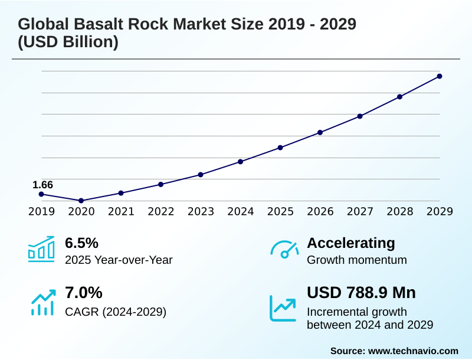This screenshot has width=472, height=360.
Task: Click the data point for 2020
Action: [81, 201]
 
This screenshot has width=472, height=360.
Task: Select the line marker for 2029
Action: [440, 76]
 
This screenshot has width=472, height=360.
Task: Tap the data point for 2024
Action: [240, 162]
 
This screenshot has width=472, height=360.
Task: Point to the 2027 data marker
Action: [360, 116]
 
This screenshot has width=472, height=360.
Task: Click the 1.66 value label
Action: [42, 185]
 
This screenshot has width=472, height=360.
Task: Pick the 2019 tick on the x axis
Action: [41, 211]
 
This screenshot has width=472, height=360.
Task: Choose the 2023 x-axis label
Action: [201, 211]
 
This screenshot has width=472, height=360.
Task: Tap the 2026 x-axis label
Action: [320, 211]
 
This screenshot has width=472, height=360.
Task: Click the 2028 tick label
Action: [399, 211]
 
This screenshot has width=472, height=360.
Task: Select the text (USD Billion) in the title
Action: [68, 42]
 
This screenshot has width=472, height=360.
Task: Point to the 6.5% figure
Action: [81, 243]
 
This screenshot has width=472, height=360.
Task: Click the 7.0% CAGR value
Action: [83, 293]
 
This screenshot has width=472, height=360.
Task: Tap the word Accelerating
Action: [351, 243]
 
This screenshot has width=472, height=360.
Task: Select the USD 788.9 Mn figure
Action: [361, 293]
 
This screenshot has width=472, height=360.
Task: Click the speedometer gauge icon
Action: [284, 249]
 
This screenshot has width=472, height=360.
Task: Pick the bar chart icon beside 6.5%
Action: [41, 248]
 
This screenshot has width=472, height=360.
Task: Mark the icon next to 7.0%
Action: [42, 302]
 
